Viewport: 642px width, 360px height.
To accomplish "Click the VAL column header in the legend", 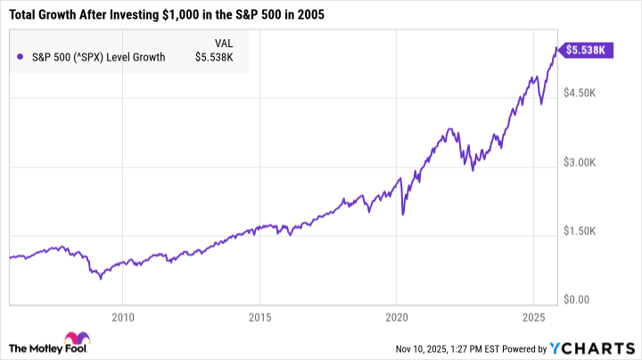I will pos(226,43).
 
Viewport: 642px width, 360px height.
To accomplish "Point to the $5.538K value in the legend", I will pos(215,58).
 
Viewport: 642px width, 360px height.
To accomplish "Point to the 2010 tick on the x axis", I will pos(123,317).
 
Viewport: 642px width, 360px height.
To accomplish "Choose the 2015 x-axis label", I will pos(259,317).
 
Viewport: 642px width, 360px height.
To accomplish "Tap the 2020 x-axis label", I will pos(397,317).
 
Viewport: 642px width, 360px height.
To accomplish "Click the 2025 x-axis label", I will pos(533,317).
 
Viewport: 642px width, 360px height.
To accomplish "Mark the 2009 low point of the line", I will pos(101,278).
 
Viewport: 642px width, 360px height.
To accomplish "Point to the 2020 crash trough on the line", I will pos(403,215).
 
